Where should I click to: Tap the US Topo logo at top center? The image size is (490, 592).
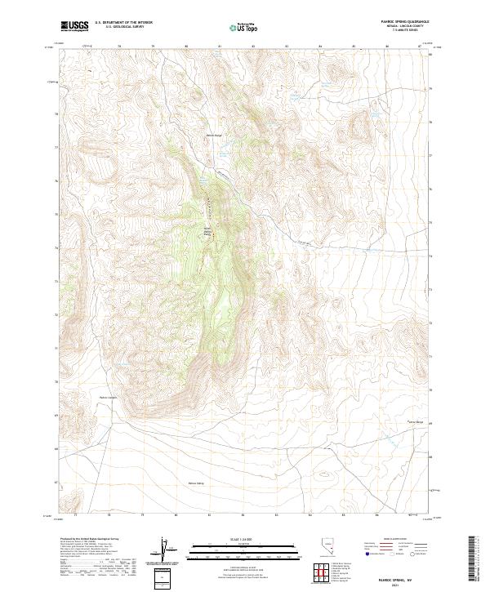click(x=244, y=28)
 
